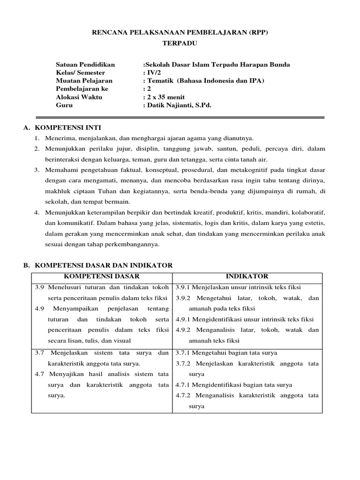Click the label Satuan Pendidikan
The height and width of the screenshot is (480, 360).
tap(85, 65)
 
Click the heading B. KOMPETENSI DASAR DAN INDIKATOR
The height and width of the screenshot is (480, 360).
tap(98, 265)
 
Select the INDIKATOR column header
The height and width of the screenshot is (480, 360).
tap(247, 277)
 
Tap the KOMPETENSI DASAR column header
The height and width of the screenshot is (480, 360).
tap(102, 277)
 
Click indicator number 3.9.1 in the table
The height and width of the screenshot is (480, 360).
tap(185, 287)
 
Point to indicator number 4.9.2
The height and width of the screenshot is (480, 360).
tap(185, 330)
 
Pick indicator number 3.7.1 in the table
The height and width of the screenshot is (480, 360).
tap(185, 352)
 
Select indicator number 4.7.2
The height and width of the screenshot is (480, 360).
tap(185, 395)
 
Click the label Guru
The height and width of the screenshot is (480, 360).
tap(64, 105)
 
